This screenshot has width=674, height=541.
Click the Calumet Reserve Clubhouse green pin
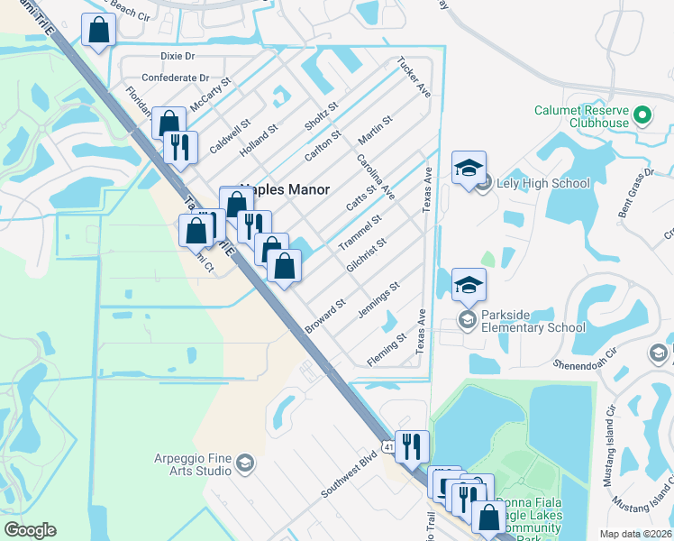642,115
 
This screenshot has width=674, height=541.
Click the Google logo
30,530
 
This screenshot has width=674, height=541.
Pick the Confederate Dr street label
175,78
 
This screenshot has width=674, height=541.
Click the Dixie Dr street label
178,56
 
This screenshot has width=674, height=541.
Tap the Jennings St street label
378,299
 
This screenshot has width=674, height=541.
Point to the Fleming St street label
387,350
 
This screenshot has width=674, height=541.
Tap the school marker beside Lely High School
469,169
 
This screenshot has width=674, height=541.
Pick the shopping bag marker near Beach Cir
98,30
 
